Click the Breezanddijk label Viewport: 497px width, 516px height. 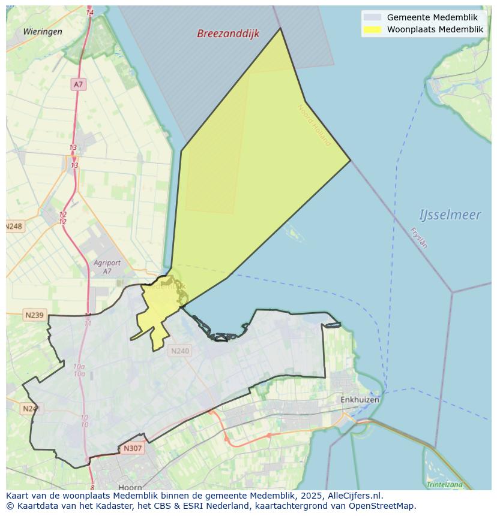click(228, 34)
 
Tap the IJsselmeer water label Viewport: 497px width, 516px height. click(450, 215)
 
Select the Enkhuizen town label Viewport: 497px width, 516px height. click(360, 399)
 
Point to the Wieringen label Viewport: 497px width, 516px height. click(43, 32)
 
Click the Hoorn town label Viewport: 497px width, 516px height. click(130, 487)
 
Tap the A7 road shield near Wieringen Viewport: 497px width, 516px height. click(78, 85)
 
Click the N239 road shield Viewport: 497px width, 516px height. click(34, 315)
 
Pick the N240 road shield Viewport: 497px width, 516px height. click(179, 351)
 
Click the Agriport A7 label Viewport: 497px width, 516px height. click(107, 267)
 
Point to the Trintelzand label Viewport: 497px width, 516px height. click(445, 484)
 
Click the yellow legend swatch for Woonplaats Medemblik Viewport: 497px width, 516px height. click(372, 29)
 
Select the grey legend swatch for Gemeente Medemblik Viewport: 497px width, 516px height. click(372, 17)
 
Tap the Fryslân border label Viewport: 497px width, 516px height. click(418, 237)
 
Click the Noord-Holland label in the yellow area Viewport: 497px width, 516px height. click(314, 125)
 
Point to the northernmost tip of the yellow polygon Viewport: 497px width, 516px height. click(280, 28)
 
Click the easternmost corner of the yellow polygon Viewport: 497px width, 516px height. click(350, 160)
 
